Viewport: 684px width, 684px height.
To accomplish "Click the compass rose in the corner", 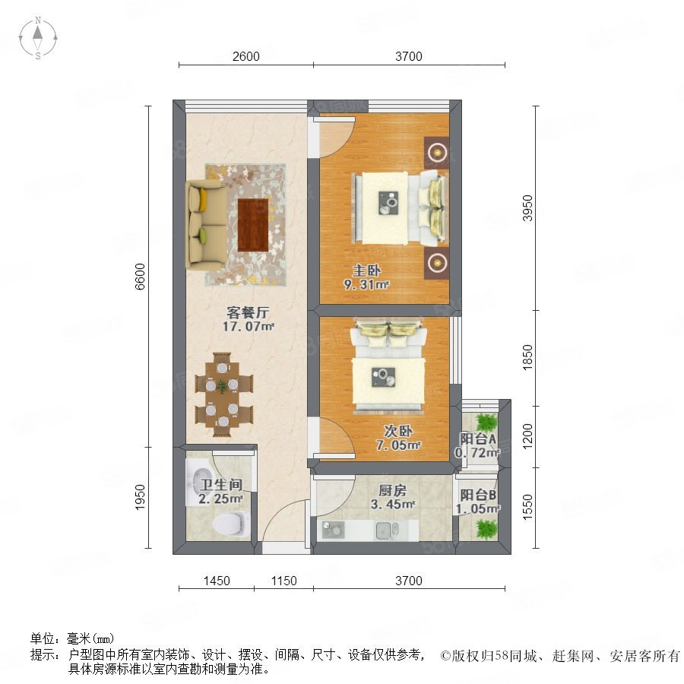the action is pos(38,38).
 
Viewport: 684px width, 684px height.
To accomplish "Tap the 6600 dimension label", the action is pos(140,277).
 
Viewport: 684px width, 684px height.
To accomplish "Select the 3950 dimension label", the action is pos(528,208).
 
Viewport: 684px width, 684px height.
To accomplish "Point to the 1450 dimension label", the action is pos(217,581).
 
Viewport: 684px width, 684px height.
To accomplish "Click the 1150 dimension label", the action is pos(283,581).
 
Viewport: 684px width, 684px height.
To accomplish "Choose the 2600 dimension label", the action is pos(246,56).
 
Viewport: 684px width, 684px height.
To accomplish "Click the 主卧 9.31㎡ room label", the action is pos(366,277).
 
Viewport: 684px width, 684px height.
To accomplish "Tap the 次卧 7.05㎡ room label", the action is pos(398,438).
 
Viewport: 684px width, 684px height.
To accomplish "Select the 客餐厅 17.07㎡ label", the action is pos(248,319).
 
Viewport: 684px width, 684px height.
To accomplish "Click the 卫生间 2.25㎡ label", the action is pos(220,492).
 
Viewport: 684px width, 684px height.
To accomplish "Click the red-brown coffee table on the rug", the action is pos(253,225).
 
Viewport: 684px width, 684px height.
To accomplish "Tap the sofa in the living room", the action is pos(206,225).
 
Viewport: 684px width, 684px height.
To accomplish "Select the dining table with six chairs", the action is pos(223,394).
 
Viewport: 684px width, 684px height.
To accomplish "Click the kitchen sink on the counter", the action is pos(388,530).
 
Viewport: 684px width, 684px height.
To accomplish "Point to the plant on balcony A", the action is pos(486,423).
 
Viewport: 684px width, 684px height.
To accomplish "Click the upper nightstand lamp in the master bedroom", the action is pos(437,152).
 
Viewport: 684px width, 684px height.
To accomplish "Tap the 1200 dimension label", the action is pos(528,435).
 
